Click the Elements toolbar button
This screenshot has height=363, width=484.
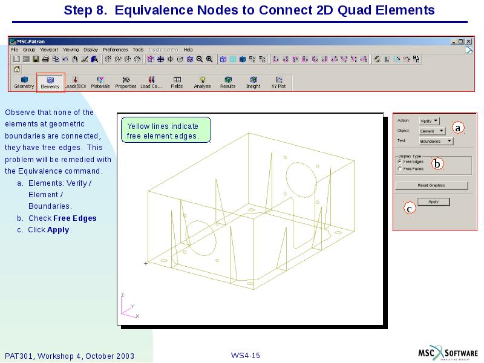coord(50,82)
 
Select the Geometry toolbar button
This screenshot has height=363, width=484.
coord(24,82)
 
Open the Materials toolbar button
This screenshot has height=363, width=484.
coord(100,82)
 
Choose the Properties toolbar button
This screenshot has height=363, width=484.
coord(126,82)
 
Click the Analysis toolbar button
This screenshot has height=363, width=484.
coord(202,82)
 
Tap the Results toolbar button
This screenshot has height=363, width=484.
coord(227,82)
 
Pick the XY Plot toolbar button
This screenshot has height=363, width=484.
coord(278,82)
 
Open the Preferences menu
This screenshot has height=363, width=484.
coord(115,50)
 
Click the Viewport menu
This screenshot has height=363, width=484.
coord(49,50)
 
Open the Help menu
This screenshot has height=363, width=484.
coord(188,50)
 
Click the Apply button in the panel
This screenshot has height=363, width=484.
coord(433,201)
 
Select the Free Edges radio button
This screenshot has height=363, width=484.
coord(399,162)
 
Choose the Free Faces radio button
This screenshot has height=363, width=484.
coord(399,169)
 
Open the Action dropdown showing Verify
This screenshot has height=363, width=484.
coord(430,121)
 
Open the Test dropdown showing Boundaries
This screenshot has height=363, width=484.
coord(436,141)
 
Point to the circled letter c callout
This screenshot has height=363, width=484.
coord(410,209)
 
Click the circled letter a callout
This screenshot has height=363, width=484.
coord(458,128)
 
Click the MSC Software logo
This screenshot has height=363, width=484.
coord(448,353)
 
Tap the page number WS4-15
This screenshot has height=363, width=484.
coord(246,355)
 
